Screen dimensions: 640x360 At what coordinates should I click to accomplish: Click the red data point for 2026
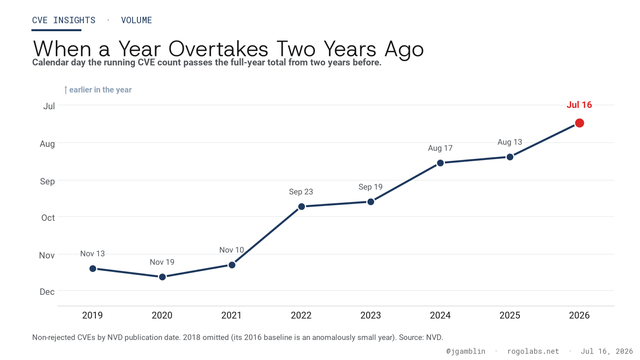[x=579, y=123]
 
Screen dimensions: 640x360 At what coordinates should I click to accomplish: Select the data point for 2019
[x=93, y=269]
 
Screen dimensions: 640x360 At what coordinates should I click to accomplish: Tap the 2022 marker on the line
[x=301, y=207]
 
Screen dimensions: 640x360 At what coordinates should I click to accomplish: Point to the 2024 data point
[x=440, y=163]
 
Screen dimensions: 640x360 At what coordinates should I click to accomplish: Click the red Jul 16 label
[x=579, y=105]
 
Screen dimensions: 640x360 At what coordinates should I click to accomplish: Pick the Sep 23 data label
[x=301, y=191]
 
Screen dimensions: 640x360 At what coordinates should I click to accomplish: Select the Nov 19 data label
[x=162, y=262]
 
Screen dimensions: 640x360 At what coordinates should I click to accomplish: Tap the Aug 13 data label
[x=509, y=142]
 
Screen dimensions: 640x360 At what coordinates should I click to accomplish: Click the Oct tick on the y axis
[x=48, y=218]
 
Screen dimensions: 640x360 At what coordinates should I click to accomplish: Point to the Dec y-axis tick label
[x=47, y=291]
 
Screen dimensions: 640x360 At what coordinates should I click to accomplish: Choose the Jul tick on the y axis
[x=49, y=106]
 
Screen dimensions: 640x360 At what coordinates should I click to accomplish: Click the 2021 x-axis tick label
[x=231, y=315]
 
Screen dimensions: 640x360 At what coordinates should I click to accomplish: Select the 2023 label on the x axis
[x=371, y=315]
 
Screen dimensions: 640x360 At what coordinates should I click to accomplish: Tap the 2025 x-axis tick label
[x=510, y=315]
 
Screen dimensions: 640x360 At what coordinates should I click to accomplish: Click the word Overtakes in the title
[x=218, y=49]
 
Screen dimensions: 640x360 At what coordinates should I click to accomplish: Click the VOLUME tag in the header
[x=136, y=20]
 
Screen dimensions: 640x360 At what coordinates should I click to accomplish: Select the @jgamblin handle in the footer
[x=466, y=351]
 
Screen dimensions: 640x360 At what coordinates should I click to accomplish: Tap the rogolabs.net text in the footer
[x=533, y=351]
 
